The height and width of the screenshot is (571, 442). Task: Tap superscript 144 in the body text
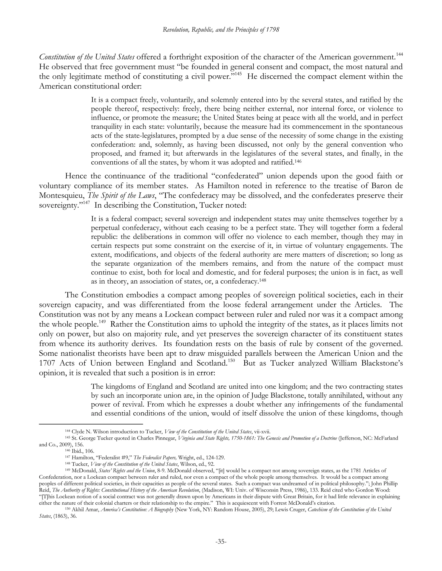[x=399, y=54]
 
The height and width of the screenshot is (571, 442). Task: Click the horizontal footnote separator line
[x=91, y=424]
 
